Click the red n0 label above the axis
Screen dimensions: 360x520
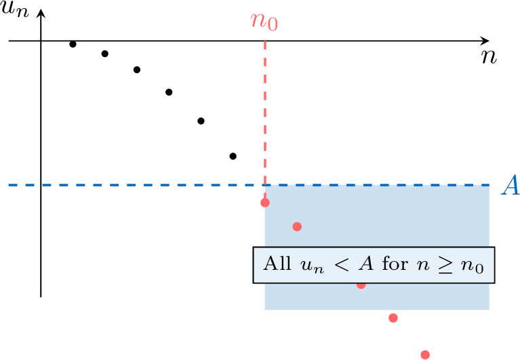click(x=264, y=21)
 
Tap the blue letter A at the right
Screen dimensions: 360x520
click(x=509, y=185)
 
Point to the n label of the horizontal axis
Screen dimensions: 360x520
click(x=489, y=56)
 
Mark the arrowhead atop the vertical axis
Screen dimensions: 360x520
click(x=41, y=14)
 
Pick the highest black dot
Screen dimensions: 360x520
click(x=73, y=44)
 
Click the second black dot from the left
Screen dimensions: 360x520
click(x=104, y=54)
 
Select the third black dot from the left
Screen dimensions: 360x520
click(x=137, y=69)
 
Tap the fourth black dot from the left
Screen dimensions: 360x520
click(x=169, y=92)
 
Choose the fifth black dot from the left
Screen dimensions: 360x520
click(x=201, y=121)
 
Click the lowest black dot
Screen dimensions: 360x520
click(x=233, y=156)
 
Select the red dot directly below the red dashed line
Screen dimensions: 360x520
click(x=264, y=202)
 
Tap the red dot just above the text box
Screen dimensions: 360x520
click(x=296, y=226)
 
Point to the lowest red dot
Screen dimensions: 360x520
click(x=425, y=354)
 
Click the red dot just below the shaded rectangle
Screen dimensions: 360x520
click(x=393, y=318)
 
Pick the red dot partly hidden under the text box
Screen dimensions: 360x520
click(x=361, y=284)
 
